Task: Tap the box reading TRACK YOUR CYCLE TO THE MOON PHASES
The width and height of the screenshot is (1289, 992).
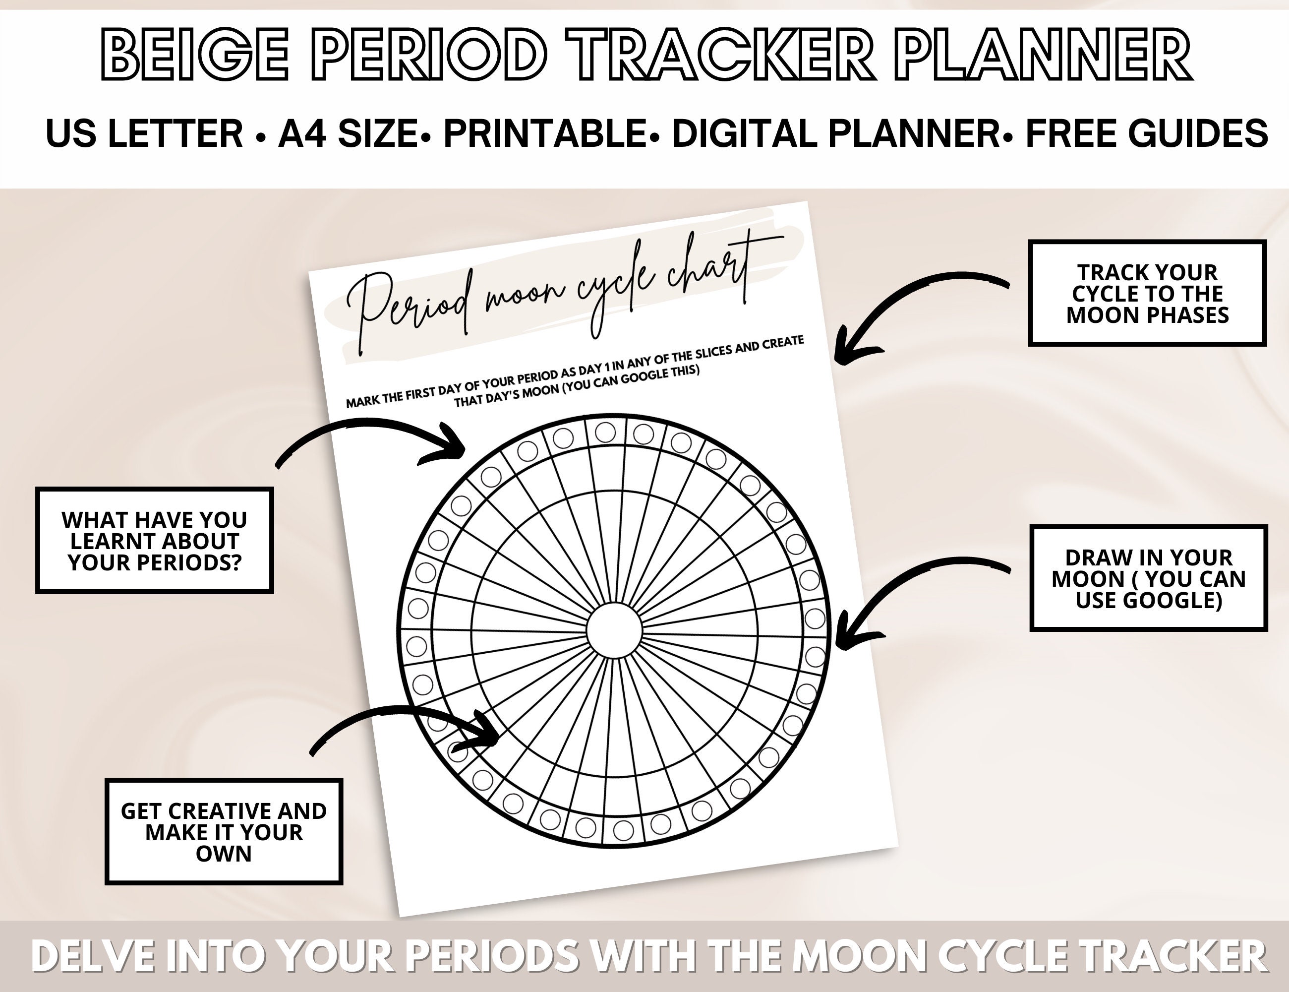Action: [1147, 294]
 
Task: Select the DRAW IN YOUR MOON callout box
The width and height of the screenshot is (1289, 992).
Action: [1149, 578]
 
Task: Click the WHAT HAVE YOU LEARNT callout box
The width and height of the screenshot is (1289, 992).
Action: [155, 540]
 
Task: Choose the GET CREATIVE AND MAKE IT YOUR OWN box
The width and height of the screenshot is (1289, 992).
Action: [224, 831]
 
